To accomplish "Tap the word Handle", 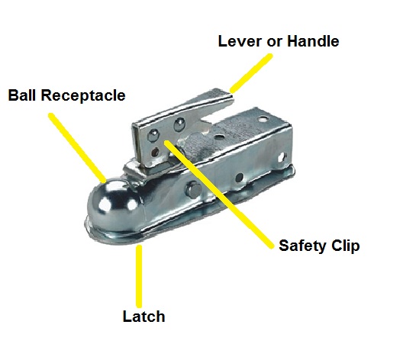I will click(312, 41).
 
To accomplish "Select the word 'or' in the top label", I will click(272, 42).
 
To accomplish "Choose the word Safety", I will click(301, 246).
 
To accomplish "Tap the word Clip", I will click(343, 246).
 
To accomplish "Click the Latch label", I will click(144, 316).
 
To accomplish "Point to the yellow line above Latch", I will click(139, 275).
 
